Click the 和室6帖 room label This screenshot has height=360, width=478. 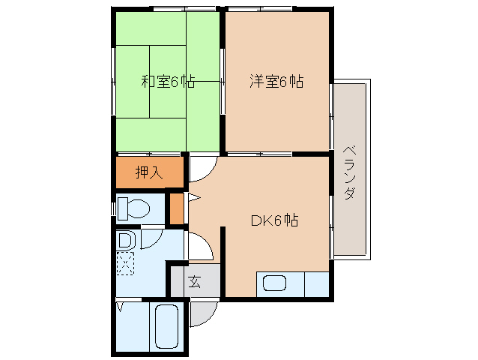point(168,82)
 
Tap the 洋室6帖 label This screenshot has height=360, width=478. point(276,82)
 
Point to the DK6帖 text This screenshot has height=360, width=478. point(274,220)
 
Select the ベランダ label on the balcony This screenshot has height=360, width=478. point(350,172)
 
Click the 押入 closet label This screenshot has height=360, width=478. point(148,172)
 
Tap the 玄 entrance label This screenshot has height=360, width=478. point(195,282)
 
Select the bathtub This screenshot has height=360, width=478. point(164,328)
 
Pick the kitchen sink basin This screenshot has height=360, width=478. point(274,284)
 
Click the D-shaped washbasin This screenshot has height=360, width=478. point(126,241)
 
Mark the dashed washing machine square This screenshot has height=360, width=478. point(126,263)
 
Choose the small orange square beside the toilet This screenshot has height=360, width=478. point(177,208)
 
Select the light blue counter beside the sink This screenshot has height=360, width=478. point(317,284)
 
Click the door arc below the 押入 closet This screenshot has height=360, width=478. point(201,169)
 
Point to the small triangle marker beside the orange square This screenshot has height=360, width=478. point(193,198)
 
